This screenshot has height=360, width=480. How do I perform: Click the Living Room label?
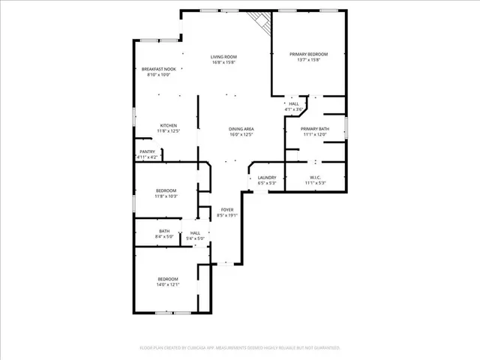coord(223,57)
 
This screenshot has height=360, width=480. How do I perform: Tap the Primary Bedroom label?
coord(309,54)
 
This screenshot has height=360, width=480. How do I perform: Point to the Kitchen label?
coord(168,125)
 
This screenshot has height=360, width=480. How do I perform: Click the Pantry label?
coord(148,151)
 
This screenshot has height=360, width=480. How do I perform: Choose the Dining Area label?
coord(241,129)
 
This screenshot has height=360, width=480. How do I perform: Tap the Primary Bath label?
coord(316,129)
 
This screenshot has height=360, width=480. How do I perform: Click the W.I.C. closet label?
coord(315,178)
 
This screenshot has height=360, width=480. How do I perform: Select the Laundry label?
coord(268,178)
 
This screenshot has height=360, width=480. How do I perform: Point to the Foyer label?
coord(226,209)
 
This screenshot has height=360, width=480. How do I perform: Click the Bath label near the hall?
coord(164,231)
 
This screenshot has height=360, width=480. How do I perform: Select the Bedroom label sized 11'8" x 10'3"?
coord(166,190)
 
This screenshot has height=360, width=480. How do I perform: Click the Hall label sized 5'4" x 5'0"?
coord(195,233)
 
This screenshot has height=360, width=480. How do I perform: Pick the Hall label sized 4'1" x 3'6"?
coord(294,104)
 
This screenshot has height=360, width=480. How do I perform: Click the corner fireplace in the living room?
coord(259,21)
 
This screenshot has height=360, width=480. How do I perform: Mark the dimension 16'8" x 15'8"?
coord(223,63)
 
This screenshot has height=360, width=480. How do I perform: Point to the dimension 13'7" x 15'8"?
coord(309,60)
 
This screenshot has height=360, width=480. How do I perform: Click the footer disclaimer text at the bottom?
coord(240,348)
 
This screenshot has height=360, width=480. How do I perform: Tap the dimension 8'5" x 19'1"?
coord(226,215)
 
